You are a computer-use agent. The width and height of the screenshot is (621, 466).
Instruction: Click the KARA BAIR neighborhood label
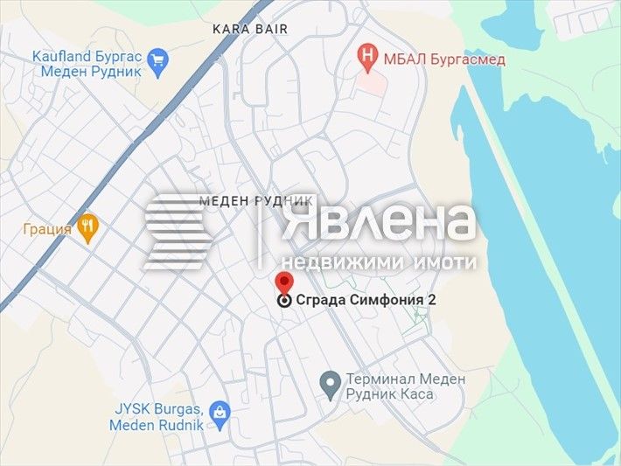(249, 29)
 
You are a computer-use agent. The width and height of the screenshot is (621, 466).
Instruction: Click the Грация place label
(47, 229)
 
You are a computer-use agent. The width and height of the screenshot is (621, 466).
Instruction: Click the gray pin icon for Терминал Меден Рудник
(330, 383)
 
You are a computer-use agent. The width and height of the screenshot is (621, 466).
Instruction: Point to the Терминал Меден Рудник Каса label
(405, 388)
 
